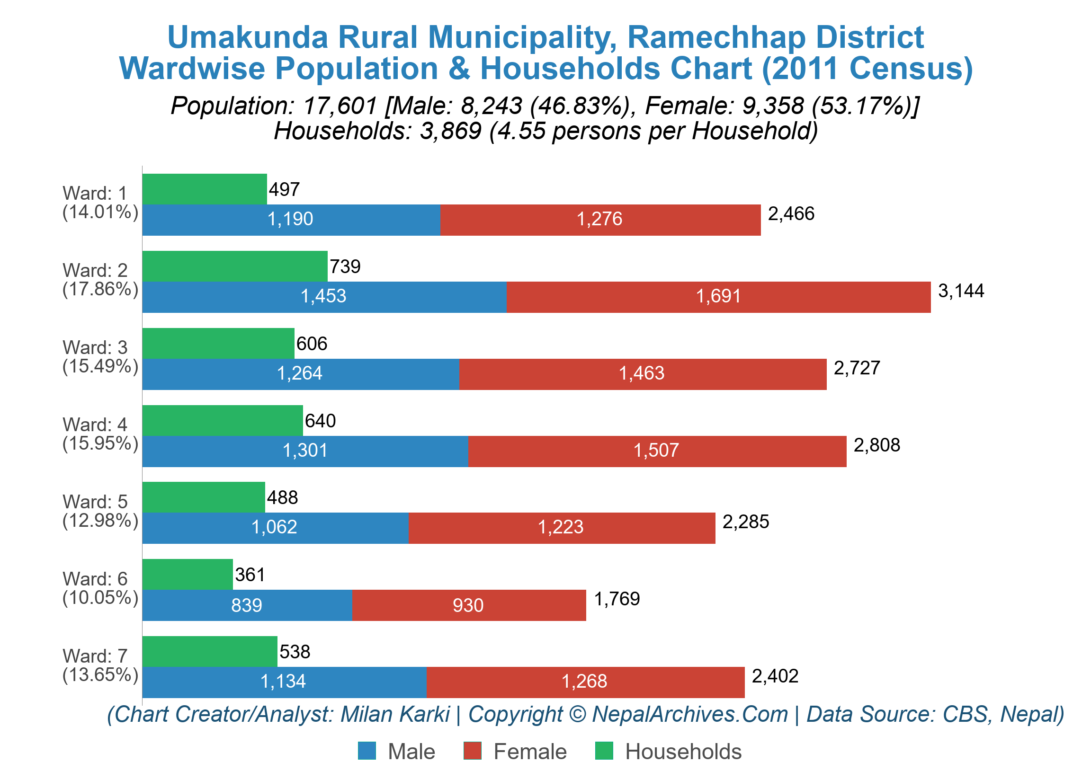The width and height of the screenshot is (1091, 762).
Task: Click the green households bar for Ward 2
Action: pos(235,266)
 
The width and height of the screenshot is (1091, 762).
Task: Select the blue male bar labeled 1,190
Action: pos(291,220)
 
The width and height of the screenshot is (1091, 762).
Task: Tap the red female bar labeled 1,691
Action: pos(717,297)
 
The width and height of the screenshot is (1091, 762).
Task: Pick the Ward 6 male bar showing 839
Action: pos(247,605)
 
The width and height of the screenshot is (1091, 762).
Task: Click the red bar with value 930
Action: pos(468,605)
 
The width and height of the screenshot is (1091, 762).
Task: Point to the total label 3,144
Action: pos(961,291)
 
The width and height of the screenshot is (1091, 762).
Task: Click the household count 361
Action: pos(250,575)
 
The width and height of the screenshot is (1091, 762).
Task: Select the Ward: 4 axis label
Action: pos(95,425)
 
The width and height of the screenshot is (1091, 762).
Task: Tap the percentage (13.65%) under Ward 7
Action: pos(100,674)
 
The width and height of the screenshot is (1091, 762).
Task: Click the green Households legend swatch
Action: pos(604,751)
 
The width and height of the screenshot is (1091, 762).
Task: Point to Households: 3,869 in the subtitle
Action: pos(378,131)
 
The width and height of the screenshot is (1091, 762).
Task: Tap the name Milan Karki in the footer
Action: pos(395,714)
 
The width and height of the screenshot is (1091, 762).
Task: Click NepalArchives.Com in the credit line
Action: pos(689,714)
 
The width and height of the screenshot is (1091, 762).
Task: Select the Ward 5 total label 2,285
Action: pos(745,522)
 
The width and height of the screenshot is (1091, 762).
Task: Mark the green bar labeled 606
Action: pos(218,343)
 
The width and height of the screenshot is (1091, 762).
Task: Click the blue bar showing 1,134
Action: pos(284,682)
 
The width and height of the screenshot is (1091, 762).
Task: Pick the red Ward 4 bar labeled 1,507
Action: pos(656,451)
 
